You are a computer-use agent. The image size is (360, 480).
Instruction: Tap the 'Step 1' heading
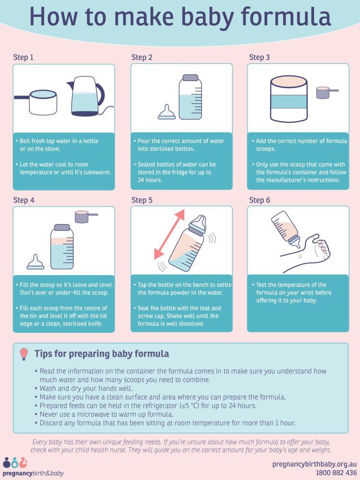point(23,58)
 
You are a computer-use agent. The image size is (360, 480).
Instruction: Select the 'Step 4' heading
point(23,200)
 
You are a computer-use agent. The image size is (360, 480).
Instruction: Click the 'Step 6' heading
point(259,200)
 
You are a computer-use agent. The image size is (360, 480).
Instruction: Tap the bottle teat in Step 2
point(166,112)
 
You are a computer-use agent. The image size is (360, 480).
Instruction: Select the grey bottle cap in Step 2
point(190,78)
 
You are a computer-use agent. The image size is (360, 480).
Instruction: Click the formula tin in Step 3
point(288,98)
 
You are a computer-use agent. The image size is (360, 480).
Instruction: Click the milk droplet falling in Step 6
point(300,256)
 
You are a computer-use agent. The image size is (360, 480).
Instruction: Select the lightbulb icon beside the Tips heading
point(24,354)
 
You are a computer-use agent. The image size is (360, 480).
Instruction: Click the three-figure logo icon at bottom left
point(14,463)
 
